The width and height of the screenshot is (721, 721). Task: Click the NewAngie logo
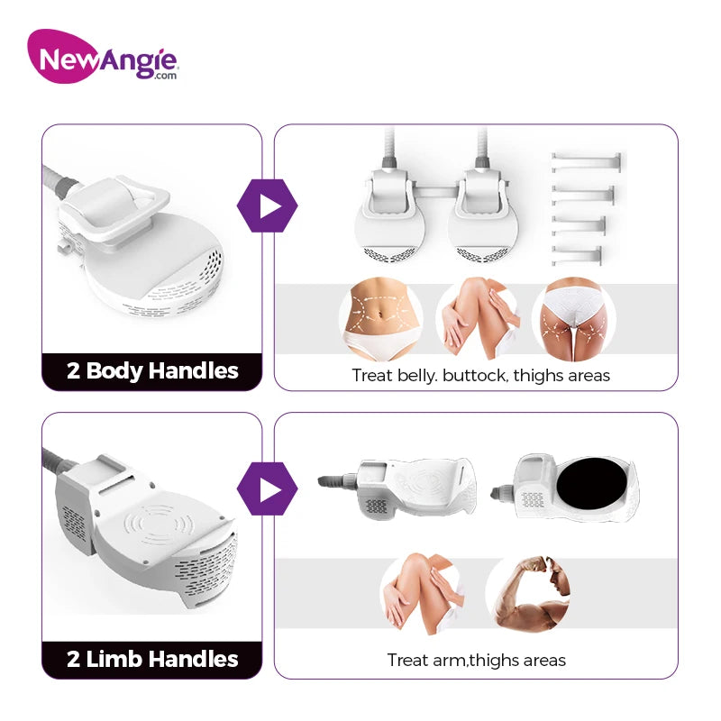pos(103,56)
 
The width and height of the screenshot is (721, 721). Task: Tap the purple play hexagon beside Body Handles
pos(268,205)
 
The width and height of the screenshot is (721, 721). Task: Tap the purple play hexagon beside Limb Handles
pos(268,488)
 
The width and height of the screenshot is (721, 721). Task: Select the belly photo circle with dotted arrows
pos(381,319)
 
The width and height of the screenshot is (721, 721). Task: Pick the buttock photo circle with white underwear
pos(573,319)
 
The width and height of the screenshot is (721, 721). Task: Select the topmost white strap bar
pos(587,162)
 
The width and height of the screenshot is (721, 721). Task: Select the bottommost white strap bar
pos(577,255)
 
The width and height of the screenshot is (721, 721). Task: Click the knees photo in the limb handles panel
pos(422,594)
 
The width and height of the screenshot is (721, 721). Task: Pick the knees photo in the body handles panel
pos(478,319)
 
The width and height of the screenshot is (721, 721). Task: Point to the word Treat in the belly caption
pos(372,376)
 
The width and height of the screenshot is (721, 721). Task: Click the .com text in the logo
pos(166,76)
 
